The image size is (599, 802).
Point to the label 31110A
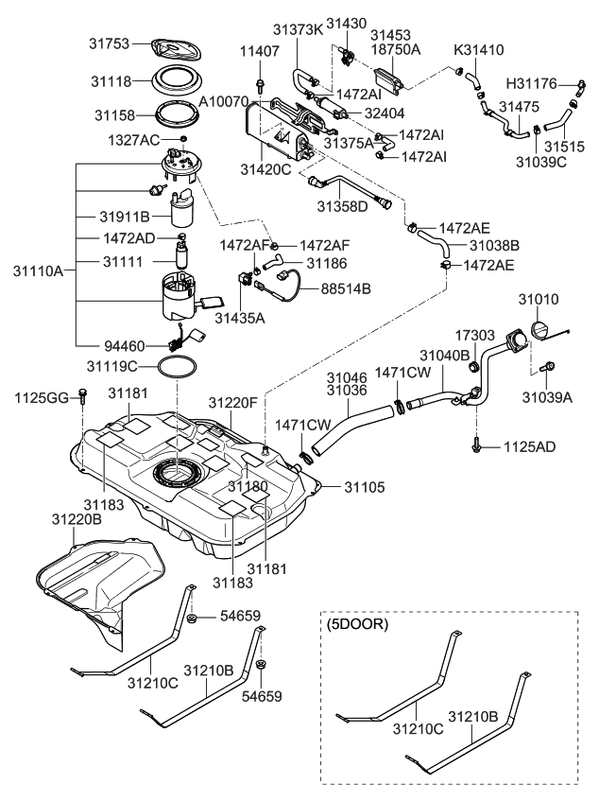(38, 270)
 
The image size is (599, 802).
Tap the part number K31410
(478, 49)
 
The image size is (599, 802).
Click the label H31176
(532, 84)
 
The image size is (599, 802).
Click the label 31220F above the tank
(232, 402)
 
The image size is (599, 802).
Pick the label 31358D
(342, 205)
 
